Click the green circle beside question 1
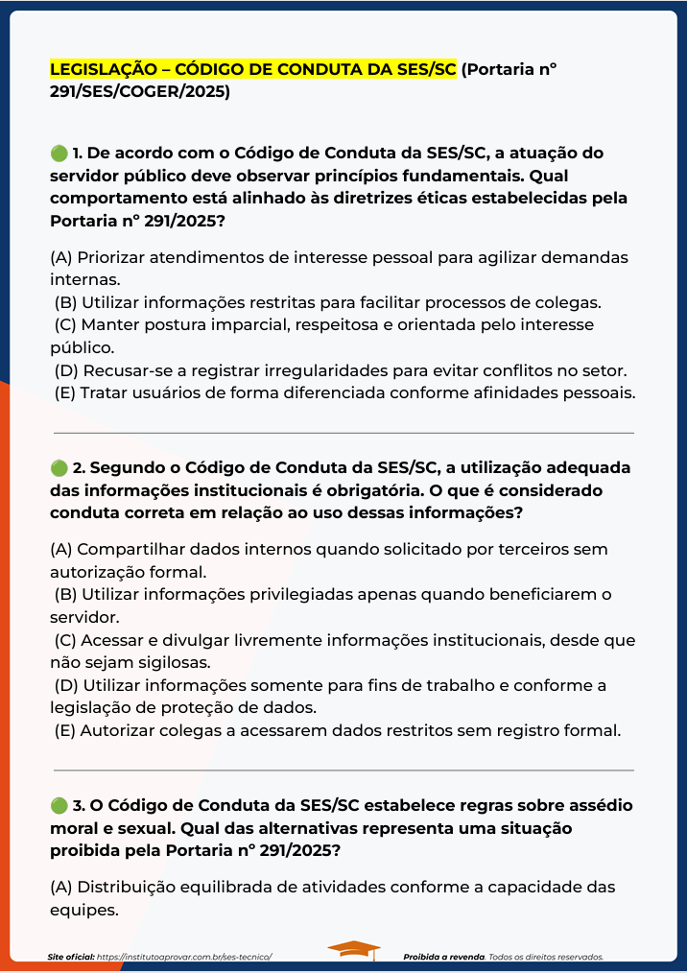(59, 154)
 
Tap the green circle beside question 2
(59, 467)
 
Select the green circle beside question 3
(59, 805)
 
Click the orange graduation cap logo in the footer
(353, 949)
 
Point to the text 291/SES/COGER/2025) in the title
(140, 92)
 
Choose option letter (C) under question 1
(66, 325)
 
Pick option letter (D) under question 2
(66, 685)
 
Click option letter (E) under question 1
(65, 392)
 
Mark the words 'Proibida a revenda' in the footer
(444, 957)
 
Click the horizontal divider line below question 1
(343, 433)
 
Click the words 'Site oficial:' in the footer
(71, 957)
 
